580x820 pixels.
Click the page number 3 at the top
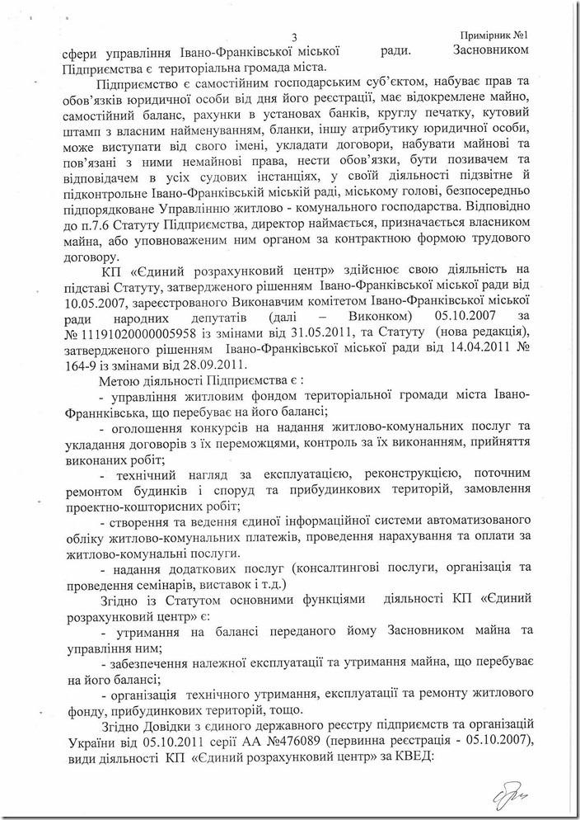[x=293, y=36]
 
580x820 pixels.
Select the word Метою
[x=119, y=400]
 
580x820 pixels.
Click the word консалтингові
[x=339, y=570]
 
